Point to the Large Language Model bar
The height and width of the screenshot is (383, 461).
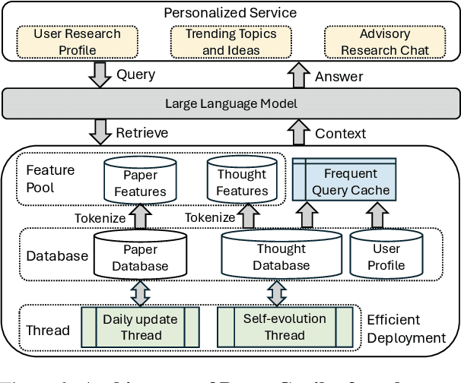click(x=229, y=104)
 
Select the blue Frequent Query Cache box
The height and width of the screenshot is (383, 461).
click(x=345, y=182)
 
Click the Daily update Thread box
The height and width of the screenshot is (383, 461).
click(x=140, y=327)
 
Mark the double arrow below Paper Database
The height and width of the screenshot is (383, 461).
click(x=140, y=292)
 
